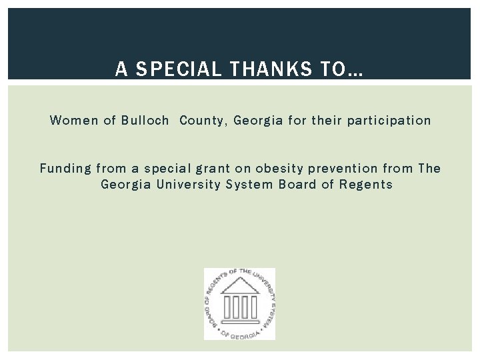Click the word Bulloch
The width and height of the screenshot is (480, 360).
[x=145, y=121]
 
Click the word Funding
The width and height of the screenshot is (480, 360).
[x=65, y=168]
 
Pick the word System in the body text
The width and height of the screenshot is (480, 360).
[x=249, y=184]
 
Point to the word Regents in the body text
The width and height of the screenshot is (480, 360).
[x=366, y=184]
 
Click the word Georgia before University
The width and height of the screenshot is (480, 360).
[x=126, y=184]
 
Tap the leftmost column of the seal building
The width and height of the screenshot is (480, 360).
[x=227, y=307]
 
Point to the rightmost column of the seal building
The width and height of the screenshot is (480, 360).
[x=253, y=307]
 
